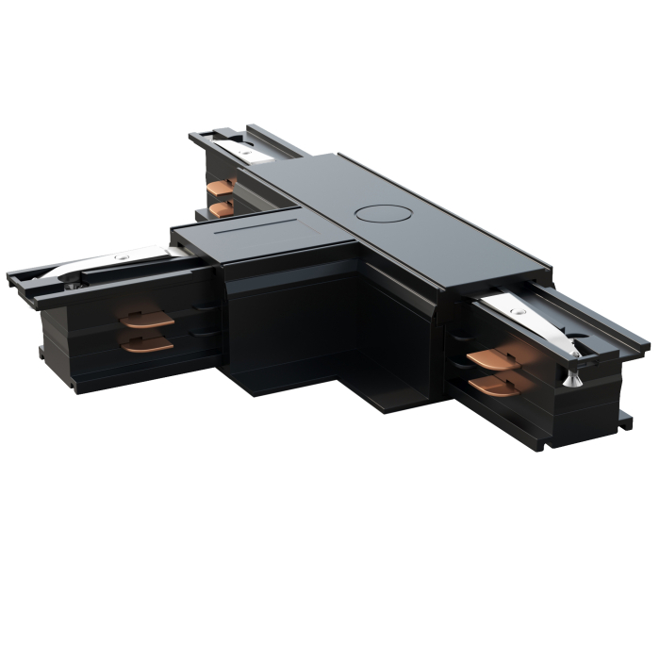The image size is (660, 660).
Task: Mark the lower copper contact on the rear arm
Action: [223, 207]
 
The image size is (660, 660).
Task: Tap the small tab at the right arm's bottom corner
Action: [624, 420]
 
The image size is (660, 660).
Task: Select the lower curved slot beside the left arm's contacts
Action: [201, 332]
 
